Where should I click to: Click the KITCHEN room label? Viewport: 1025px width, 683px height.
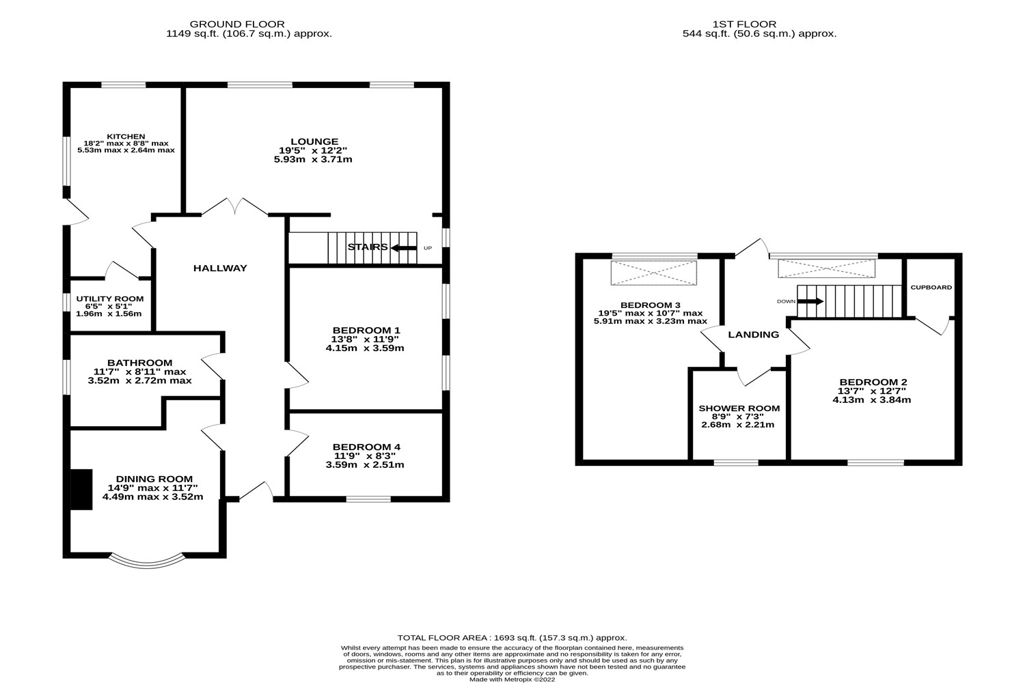click(x=126, y=136)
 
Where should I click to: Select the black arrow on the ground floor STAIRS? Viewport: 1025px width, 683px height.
click(x=404, y=248)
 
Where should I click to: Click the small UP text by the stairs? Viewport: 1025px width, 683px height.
click(x=428, y=248)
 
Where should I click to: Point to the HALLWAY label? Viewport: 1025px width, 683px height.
click(x=219, y=268)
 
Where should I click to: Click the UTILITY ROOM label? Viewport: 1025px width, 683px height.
click(x=109, y=298)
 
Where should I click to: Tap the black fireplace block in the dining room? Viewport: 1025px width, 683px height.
click(x=82, y=489)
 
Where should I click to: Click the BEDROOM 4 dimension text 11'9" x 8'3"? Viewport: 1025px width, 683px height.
click(x=365, y=456)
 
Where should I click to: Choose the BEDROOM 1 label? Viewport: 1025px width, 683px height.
click(x=366, y=330)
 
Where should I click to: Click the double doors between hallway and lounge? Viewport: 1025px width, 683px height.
click(x=234, y=207)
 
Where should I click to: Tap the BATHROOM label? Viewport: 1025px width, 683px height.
click(x=139, y=363)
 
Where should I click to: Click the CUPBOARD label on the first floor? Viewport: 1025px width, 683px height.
click(x=931, y=288)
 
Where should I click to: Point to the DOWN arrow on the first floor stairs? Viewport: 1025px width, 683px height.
click(x=811, y=301)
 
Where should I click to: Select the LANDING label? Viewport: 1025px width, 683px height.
click(x=753, y=335)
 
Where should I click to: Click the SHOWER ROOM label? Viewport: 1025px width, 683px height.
click(x=739, y=408)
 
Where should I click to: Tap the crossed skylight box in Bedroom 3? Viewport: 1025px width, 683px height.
click(x=655, y=273)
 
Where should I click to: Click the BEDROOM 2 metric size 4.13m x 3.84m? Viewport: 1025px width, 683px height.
click(x=871, y=400)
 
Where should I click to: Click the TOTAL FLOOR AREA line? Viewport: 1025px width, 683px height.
click(x=512, y=637)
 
